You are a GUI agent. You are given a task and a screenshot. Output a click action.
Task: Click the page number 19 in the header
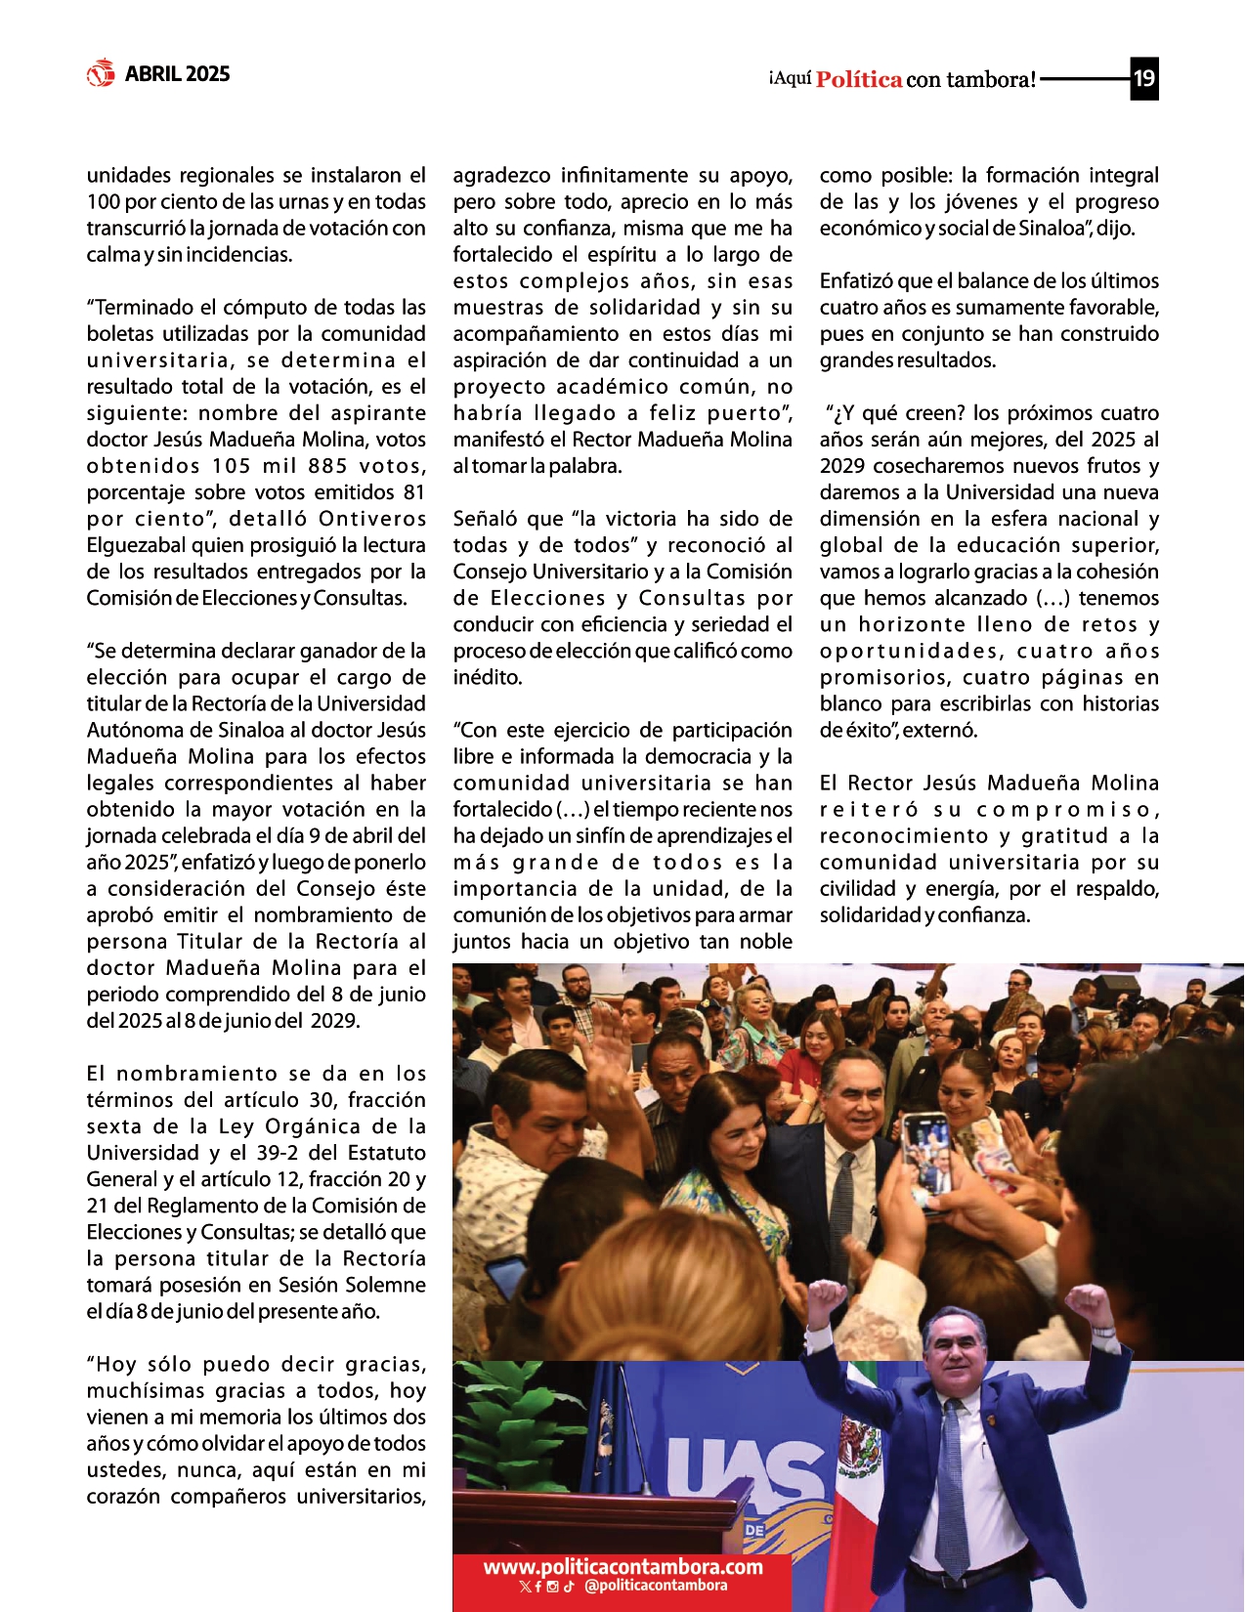(x=1143, y=78)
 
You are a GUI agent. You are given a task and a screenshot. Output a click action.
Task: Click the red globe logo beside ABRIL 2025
(x=101, y=73)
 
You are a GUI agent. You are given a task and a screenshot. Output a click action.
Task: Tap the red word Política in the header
(x=859, y=79)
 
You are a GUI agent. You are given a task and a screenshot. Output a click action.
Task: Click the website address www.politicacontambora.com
(x=623, y=1567)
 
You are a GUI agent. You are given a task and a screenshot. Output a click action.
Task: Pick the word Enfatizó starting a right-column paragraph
(x=855, y=281)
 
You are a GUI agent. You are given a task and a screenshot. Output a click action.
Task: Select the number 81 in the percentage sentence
(x=413, y=492)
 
